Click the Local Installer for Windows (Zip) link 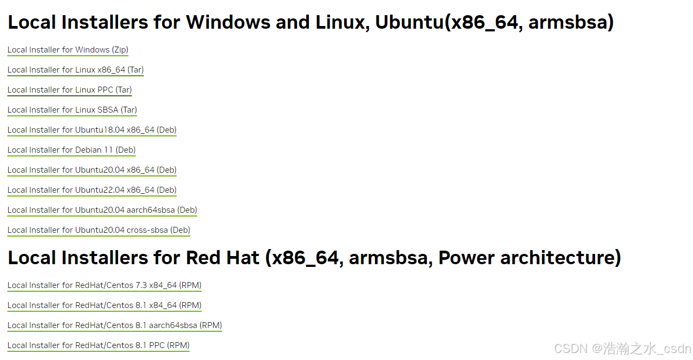[68, 50]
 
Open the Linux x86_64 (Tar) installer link [75, 70]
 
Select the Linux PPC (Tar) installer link [69, 90]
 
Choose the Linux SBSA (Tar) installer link [72, 110]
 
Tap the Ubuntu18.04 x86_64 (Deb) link [92, 130]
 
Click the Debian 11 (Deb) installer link [71, 150]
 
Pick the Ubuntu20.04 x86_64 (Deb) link [92, 170]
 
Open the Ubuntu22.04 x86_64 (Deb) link [92, 190]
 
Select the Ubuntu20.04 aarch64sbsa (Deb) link [102, 210]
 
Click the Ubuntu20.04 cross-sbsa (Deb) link [99, 230]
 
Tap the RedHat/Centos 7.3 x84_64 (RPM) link [104, 285]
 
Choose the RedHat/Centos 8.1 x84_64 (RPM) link [104, 305]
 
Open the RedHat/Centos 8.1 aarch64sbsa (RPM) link [115, 325]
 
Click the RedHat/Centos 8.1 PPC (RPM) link [98, 345]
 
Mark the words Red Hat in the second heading [222, 258]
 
